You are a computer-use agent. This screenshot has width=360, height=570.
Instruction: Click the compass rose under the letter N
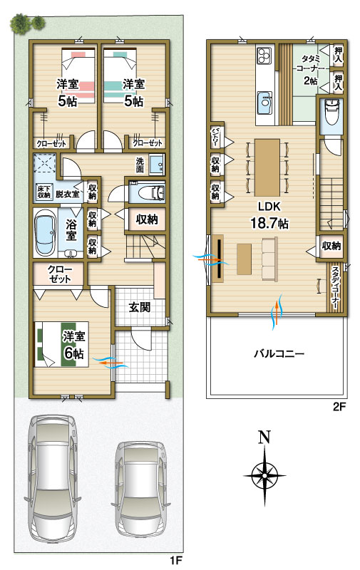click(x=264, y=475)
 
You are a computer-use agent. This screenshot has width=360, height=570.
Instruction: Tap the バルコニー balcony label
click(x=279, y=353)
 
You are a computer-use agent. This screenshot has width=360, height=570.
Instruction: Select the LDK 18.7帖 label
click(x=269, y=215)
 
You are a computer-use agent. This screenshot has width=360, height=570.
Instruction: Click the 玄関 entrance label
click(x=140, y=307)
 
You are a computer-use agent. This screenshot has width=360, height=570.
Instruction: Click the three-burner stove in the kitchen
click(x=263, y=56)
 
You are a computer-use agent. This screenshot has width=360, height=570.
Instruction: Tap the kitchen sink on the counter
click(x=264, y=102)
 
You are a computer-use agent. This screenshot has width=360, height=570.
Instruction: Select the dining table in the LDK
click(x=267, y=167)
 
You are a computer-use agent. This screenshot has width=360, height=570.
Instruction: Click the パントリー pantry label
click(x=215, y=137)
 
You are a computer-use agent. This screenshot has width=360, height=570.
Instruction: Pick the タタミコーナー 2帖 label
click(x=310, y=69)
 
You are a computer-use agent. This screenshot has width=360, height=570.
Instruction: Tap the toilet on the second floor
click(x=331, y=111)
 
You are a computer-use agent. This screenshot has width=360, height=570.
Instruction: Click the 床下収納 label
click(x=44, y=192)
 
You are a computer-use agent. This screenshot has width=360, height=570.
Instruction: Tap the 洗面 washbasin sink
click(x=157, y=165)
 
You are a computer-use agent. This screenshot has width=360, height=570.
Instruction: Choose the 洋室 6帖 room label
click(x=73, y=345)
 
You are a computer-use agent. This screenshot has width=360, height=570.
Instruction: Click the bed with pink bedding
click(x=78, y=76)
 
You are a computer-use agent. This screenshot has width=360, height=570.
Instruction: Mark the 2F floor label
click(x=339, y=406)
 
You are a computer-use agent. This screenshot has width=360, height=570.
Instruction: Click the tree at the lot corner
click(x=27, y=24)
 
